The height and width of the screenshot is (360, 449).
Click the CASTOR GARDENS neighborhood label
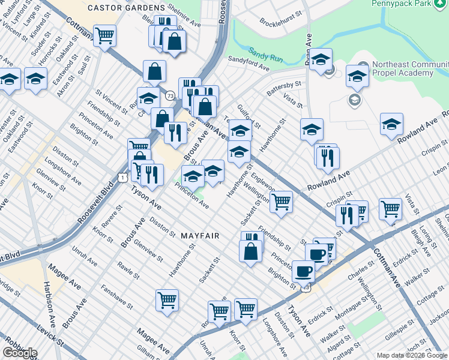click(x=125, y=8)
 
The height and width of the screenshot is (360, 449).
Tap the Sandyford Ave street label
click(x=249, y=62)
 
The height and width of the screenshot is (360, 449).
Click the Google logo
click(x=20, y=352)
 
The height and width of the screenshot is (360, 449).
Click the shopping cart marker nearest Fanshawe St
click(x=167, y=300)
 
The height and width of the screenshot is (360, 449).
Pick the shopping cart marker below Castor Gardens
click(x=104, y=35)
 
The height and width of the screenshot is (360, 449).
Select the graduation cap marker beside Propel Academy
click(x=357, y=76)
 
